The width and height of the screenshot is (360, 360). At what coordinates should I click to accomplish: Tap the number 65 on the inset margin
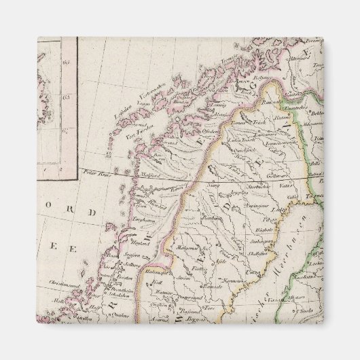click(66, 98)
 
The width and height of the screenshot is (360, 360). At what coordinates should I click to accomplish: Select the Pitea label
click(271, 219)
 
